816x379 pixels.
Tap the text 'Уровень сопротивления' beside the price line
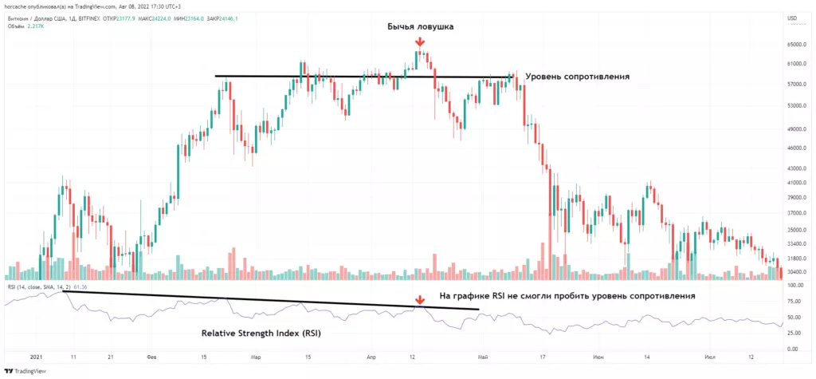tap(578, 77)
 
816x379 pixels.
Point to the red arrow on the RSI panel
tap(419, 301)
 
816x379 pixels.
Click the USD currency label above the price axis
tap(791, 18)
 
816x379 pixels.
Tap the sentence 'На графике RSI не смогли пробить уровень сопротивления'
tap(567, 296)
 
